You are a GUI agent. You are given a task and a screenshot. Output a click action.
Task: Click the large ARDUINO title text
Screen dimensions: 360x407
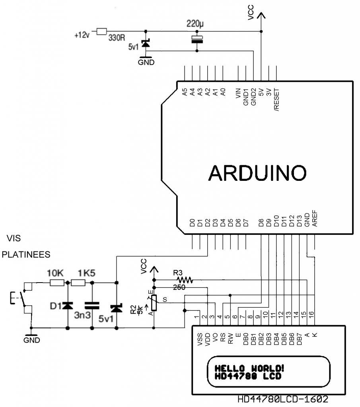pyautogui.click(x=257, y=173)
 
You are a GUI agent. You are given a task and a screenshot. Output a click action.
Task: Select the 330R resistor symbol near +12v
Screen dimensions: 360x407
pyautogui.click(x=101, y=31)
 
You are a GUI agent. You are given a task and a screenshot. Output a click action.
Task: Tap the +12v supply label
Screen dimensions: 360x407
pyautogui.click(x=82, y=35)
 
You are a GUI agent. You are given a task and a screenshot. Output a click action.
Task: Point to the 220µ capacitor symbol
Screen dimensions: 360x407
pyautogui.click(x=197, y=39)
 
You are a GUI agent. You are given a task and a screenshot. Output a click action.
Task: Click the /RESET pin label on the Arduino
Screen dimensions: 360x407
pyautogui.click(x=276, y=100)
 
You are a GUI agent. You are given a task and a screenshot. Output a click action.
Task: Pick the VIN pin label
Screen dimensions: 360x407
pyautogui.click(x=238, y=94)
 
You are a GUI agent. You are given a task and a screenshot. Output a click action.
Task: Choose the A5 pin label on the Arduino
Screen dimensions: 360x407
pyautogui.click(x=185, y=92)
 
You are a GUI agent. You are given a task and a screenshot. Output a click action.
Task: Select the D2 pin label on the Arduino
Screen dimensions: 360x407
pyautogui.click(x=208, y=223)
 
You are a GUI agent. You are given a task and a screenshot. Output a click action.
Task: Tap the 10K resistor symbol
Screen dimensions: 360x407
pyautogui.click(x=57, y=283)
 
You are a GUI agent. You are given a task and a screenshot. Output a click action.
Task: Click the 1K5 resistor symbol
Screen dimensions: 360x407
pyautogui.click(x=78, y=283)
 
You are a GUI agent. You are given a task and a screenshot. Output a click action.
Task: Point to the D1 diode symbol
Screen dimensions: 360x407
pyautogui.click(x=68, y=306)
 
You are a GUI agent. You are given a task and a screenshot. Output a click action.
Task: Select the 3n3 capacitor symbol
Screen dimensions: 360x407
pyautogui.click(x=92, y=306)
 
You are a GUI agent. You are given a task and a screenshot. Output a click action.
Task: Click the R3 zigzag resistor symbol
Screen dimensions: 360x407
pyautogui.click(x=185, y=280)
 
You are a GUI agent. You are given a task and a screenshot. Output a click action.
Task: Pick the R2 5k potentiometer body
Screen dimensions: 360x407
pyautogui.click(x=154, y=303)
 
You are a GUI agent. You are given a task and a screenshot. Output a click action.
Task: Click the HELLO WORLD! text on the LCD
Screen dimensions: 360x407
pyautogui.click(x=249, y=368)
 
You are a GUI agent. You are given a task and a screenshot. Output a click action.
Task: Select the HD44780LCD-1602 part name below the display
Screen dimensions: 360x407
pyautogui.click(x=283, y=399)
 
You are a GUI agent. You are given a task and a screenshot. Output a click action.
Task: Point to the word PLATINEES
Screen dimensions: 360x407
pyautogui.click(x=26, y=255)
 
